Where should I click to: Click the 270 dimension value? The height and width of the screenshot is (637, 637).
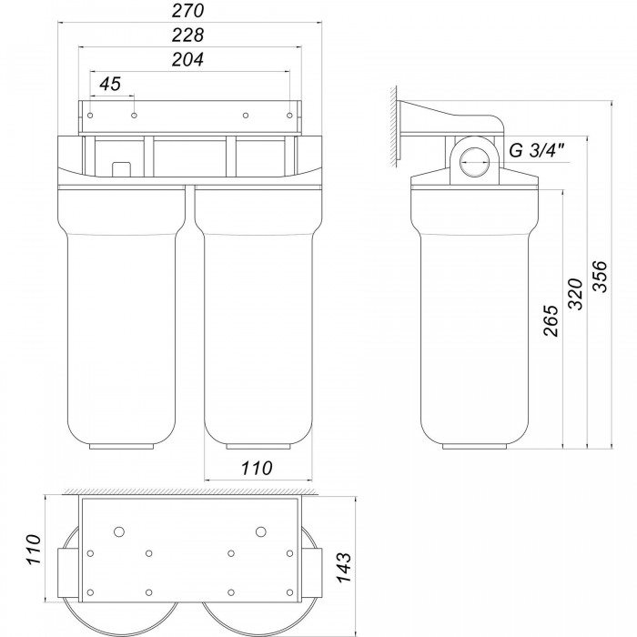pos(187,11)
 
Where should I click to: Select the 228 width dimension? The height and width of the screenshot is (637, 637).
pos(187,35)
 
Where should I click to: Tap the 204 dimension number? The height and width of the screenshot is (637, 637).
pos(187,60)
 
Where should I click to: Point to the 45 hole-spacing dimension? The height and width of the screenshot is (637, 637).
pos(110,84)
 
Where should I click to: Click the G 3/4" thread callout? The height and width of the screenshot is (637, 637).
pos(537,151)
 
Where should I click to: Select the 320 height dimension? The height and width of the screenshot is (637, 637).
pos(575,294)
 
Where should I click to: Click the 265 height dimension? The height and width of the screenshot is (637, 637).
pos(551,321)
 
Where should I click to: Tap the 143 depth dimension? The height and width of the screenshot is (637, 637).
pos(344,568)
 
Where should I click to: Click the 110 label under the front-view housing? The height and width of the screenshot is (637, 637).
pos(257,468)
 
